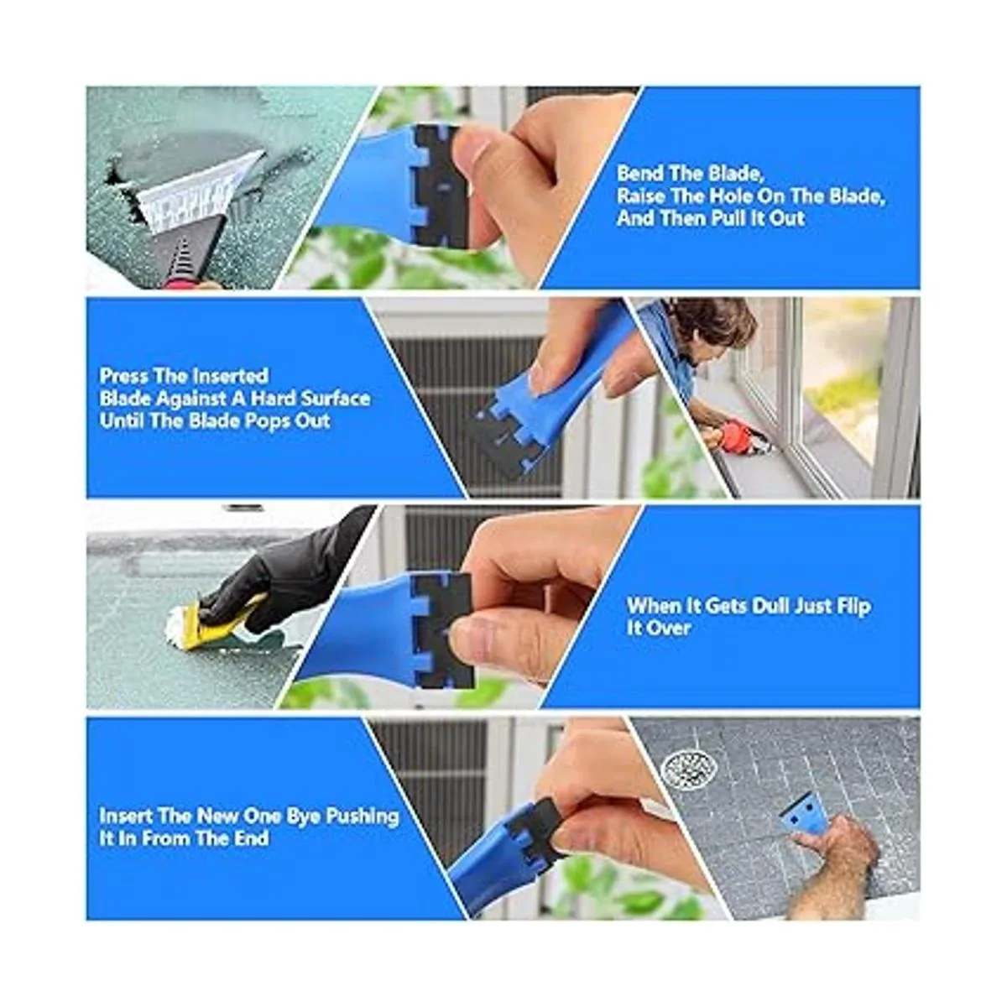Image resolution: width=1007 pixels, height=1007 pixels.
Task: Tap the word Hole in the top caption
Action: coord(733,196)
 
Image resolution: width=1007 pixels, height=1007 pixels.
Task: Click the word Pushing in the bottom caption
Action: coord(363,817)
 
